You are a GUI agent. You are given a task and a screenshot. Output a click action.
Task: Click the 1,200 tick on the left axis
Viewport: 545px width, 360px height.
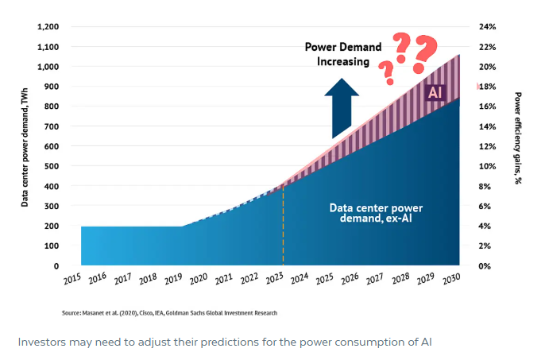click(48, 27)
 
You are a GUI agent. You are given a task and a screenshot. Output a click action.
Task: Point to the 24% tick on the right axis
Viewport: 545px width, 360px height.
click(487, 27)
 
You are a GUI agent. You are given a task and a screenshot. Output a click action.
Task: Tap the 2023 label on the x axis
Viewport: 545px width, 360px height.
click(275, 279)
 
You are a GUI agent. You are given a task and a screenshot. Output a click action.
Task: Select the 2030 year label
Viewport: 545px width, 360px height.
click(451, 279)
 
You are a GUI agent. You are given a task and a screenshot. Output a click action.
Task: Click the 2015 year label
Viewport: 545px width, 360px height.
click(72, 279)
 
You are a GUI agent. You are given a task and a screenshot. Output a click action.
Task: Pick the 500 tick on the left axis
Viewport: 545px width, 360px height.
click(52, 166)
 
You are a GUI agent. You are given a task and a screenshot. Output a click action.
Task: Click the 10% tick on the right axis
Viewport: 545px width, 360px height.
click(487, 166)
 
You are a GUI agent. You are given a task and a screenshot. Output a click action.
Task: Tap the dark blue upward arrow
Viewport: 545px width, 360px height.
click(342, 109)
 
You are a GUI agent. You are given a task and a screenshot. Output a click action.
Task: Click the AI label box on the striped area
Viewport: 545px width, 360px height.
click(435, 92)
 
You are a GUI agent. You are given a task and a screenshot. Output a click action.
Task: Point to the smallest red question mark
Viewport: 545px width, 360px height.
click(387, 72)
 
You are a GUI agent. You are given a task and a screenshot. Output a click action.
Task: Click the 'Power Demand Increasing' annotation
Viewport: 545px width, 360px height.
click(343, 54)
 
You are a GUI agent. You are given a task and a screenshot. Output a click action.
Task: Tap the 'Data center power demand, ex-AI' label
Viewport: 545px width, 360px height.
click(376, 213)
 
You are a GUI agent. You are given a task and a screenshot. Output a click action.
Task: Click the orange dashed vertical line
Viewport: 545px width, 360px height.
click(283, 225)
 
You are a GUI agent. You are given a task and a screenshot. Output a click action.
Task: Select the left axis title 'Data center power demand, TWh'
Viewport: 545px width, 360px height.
click(25, 148)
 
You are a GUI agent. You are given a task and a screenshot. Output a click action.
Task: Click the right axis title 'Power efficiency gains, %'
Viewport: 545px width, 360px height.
click(518, 138)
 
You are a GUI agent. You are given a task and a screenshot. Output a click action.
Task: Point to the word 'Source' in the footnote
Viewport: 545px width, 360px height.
click(72, 313)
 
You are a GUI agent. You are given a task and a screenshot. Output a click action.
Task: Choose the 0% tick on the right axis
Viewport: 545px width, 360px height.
click(485, 266)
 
